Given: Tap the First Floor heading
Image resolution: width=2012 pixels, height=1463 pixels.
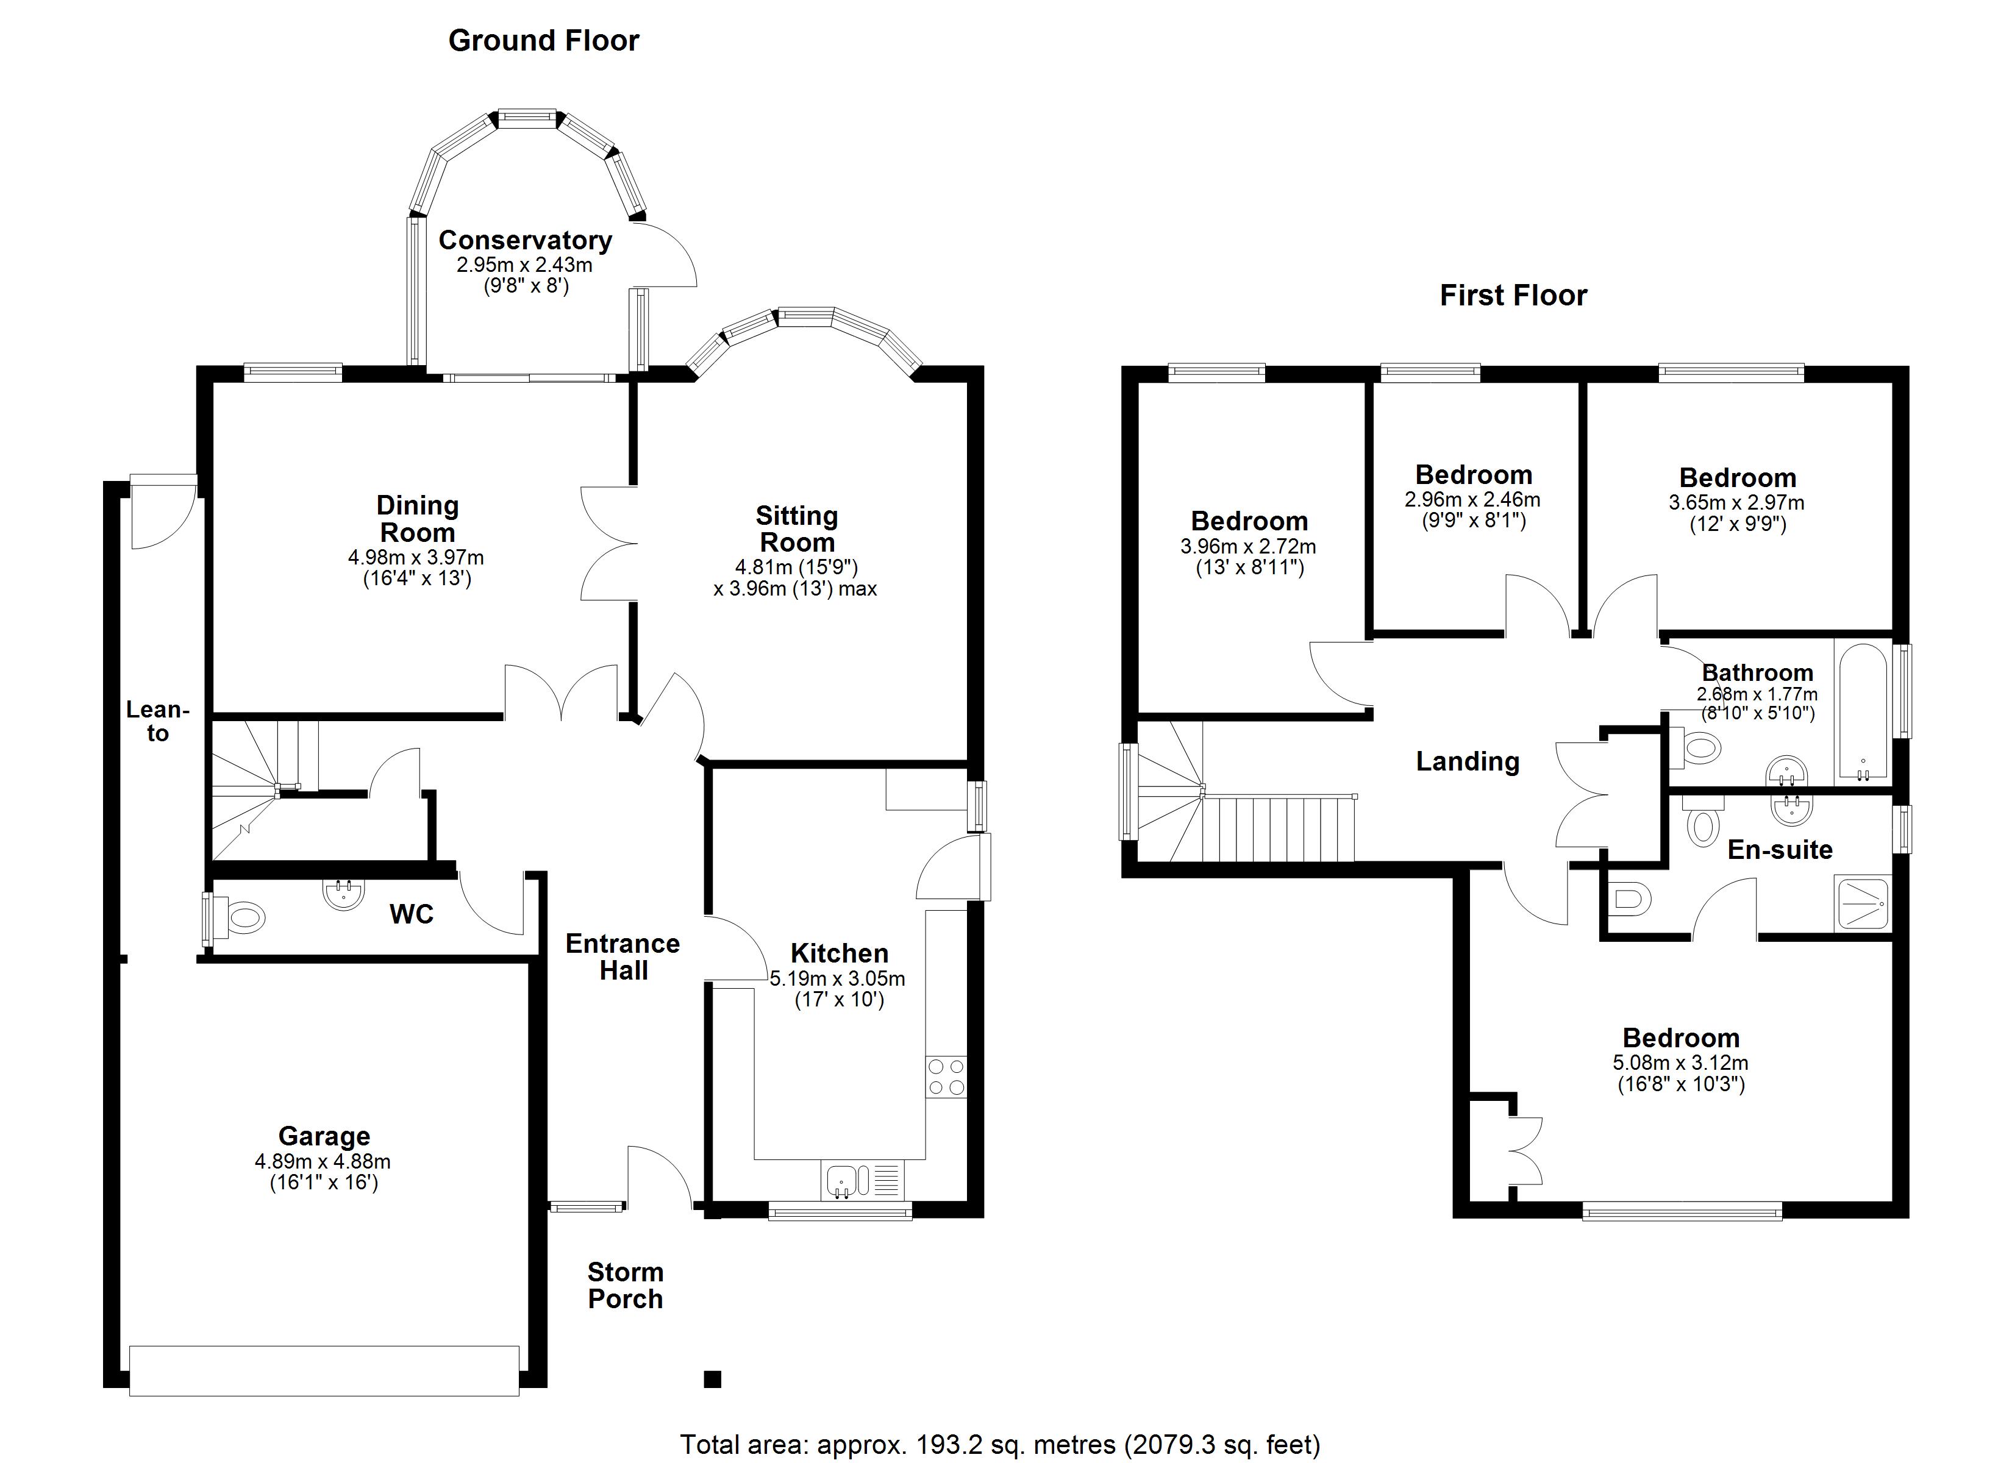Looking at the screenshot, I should point(1513,296).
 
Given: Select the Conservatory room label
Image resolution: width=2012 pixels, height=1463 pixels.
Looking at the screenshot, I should point(525,240).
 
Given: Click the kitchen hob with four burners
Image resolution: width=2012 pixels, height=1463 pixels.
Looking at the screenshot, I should point(946,1077).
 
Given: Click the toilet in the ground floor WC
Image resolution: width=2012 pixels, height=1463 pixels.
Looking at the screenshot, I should point(242,917).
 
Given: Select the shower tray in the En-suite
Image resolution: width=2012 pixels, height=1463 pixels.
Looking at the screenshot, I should point(1863,904).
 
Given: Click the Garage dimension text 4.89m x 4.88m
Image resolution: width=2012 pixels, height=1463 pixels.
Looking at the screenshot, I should point(323,1161).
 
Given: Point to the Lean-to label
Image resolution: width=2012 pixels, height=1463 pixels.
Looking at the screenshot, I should point(157,721).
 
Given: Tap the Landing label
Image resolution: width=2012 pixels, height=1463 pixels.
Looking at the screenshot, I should point(1468,761).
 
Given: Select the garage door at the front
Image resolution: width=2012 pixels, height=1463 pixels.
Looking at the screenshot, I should point(324,1371).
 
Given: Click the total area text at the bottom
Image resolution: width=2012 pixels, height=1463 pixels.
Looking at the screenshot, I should point(1000,1444).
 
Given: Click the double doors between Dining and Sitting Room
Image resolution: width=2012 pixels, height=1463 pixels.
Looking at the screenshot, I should point(610,543).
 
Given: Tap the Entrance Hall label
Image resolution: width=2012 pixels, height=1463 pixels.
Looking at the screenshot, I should point(623,957).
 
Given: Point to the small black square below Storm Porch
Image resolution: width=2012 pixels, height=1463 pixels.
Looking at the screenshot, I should point(712,1379).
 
